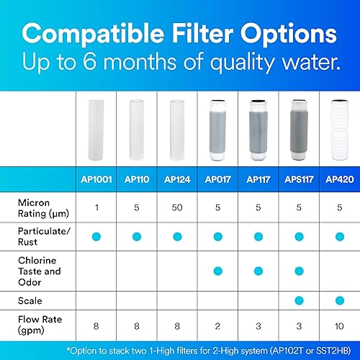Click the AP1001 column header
(97, 177)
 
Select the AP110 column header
(138, 177)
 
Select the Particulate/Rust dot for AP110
(138, 235)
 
